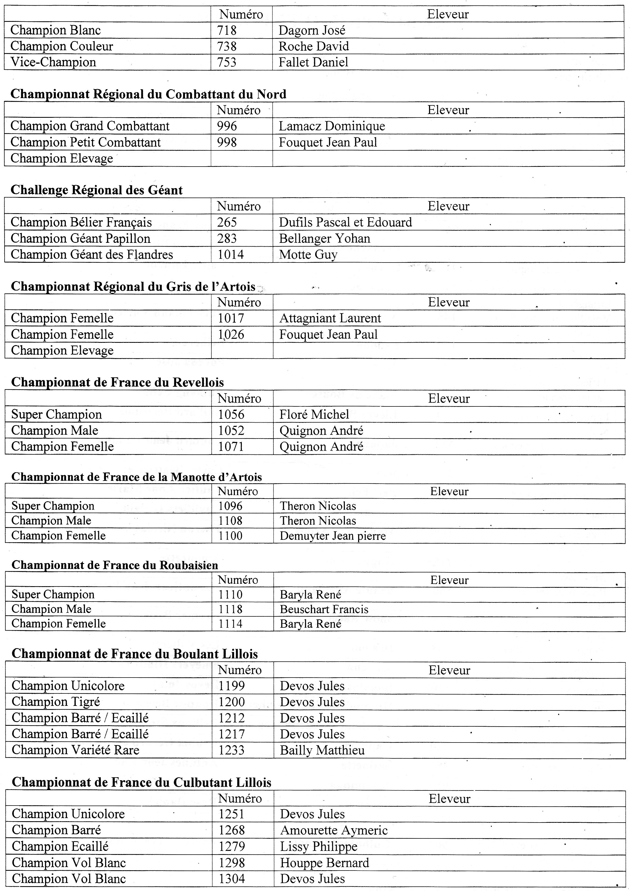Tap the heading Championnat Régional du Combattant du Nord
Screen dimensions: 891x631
[x=148, y=94]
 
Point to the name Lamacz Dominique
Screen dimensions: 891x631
[x=332, y=126]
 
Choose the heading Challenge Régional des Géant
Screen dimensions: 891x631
[x=97, y=190]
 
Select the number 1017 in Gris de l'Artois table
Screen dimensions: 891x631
[x=231, y=318]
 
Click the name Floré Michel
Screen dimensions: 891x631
[x=314, y=415]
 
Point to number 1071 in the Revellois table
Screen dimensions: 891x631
[x=231, y=447]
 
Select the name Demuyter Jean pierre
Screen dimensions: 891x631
[x=332, y=536]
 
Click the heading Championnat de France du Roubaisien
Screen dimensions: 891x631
[x=115, y=565]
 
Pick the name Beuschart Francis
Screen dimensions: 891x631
[x=324, y=610]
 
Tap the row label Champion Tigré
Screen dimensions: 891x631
[x=56, y=702]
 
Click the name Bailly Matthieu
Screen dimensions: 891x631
[x=322, y=750]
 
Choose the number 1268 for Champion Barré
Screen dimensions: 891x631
[x=232, y=830]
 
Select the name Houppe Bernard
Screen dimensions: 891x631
[x=324, y=863]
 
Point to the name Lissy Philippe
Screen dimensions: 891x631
[x=319, y=846]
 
